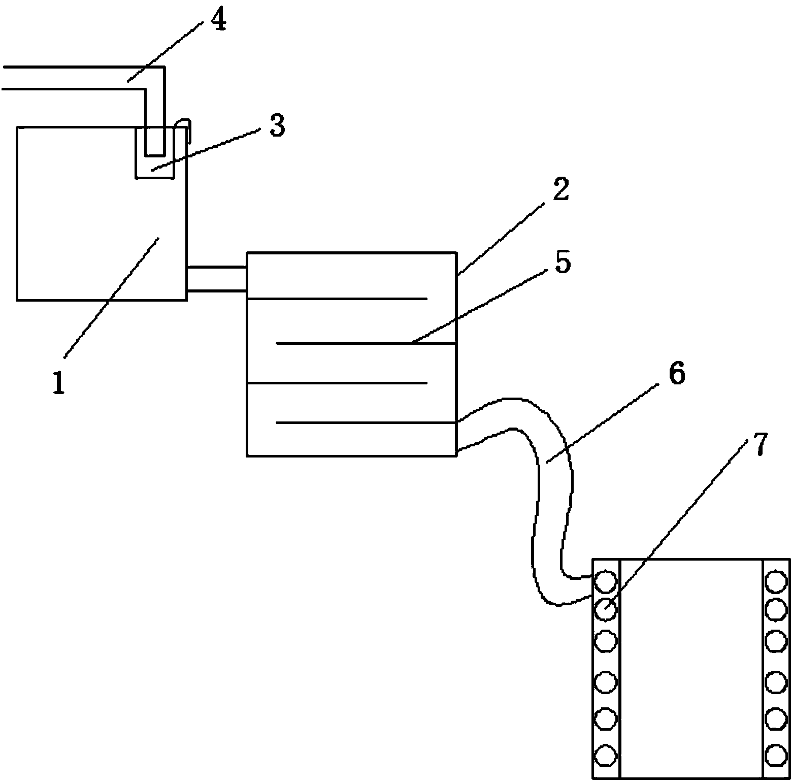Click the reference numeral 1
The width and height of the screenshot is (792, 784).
point(59,382)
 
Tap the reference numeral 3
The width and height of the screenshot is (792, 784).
point(277,126)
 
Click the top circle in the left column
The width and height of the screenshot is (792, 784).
point(605,582)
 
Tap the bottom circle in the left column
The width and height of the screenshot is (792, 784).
point(605,755)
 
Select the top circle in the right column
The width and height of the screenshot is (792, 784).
point(776,582)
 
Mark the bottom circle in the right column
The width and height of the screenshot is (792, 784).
point(776,755)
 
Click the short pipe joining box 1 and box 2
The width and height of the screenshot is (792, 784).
point(217,279)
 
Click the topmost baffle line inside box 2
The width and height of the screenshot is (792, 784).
point(337,299)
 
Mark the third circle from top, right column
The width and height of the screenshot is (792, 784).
point(776,641)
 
